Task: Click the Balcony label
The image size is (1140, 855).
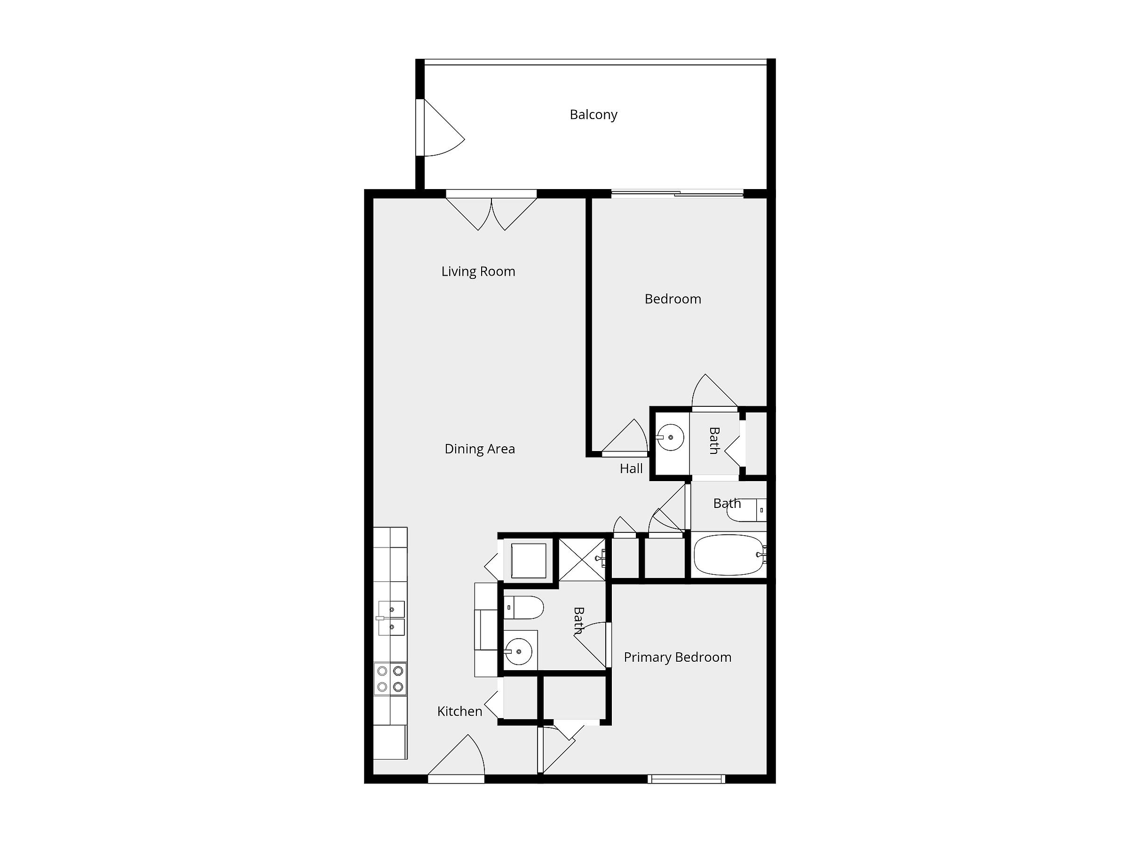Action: (x=593, y=114)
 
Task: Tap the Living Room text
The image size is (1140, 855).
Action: (x=478, y=272)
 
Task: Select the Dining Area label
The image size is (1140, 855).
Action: (x=480, y=449)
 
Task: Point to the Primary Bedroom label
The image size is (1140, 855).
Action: (x=678, y=657)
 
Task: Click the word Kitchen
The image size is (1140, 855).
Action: (x=459, y=711)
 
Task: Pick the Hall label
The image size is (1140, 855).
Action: (x=631, y=468)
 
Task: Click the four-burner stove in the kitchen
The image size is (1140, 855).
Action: (x=390, y=679)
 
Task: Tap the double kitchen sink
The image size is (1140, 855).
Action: (x=391, y=618)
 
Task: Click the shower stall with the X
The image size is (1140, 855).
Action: (x=582, y=559)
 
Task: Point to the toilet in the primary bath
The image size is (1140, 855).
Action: (x=523, y=608)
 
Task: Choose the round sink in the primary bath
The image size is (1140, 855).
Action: (x=518, y=651)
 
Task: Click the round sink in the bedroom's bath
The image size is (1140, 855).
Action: (x=671, y=437)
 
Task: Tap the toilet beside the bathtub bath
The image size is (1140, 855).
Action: (x=747, y=510)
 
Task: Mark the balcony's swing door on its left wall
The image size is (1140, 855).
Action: (x=441, y=127)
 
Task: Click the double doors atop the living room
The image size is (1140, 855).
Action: (x=491, y=210)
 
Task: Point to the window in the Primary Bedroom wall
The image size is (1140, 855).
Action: (x=687, y=779)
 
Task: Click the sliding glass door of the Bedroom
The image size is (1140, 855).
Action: (x=677, y=194)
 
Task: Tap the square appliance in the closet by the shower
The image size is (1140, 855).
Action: (x=528, y=561)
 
